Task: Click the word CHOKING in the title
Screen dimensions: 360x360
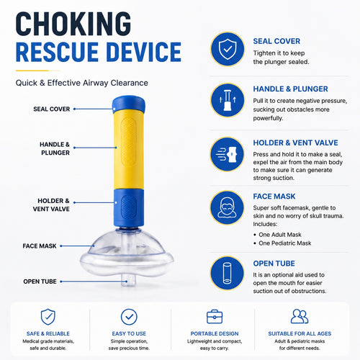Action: (x=73, y=24)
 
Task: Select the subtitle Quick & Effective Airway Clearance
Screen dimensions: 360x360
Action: (x=82, y=83)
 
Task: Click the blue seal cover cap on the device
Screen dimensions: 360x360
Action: (x=129, y=104)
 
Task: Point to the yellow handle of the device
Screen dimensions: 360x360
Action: (x=129, y=149)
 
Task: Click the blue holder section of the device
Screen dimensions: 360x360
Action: (x=129, y=208)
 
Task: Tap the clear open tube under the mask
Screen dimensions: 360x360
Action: (x=128, y=281)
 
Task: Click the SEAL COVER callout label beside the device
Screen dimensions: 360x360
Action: (x=52, y=109)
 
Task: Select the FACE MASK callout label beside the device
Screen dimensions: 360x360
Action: (x=40, y=246)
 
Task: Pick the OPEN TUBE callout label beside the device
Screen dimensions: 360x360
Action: (x=40, y=282)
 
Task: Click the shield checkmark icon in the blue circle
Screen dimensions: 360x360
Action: (x=228, y=49)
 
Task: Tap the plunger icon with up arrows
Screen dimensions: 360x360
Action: (x=228, y=100)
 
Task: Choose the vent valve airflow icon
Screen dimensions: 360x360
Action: (x=227, y=154)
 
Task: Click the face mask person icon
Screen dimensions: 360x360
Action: (x=227, y=207)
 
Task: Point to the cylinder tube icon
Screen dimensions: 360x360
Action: (x=227, y=273)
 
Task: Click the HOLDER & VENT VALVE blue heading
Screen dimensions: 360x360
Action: (x=295, y=143)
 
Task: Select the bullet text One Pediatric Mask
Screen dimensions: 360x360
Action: (x=285, y=243)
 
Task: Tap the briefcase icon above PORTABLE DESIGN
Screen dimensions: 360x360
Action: (x=215, y=317)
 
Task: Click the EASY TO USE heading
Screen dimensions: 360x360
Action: (x=129, y=333)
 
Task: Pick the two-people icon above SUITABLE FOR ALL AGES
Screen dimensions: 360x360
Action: (x=300, y=316)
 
